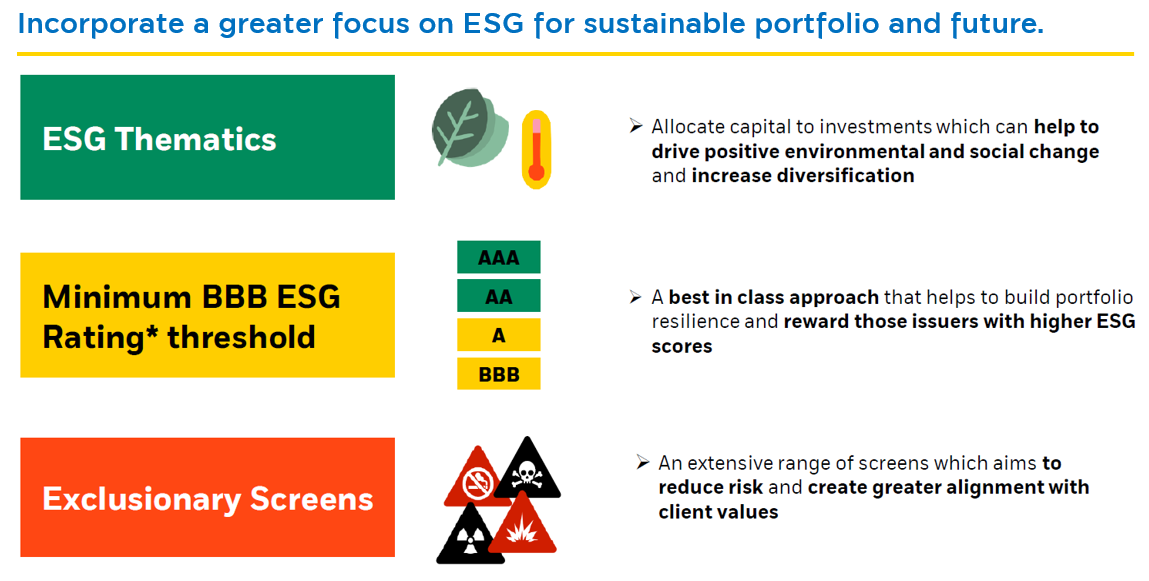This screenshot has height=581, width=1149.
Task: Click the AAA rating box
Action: (498, 257)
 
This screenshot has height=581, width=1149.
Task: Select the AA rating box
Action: (498, 296)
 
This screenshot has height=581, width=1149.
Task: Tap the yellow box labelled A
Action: (498, 335)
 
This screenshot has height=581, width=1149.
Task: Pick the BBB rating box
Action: (498, 374)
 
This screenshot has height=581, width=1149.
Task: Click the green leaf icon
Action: (469, 128)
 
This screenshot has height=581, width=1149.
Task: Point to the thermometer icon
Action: (536, 149)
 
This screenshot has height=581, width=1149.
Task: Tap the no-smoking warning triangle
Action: (477, 478)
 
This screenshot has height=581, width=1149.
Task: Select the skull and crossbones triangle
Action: (526, 470)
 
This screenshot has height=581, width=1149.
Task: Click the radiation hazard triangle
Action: (470, 536)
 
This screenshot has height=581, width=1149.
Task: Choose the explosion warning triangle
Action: (522, 524)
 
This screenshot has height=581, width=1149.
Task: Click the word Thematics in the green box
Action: (196, 138)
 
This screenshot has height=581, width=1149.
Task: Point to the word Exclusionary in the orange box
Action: (141, 500)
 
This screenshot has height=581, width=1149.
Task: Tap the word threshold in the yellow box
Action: (241, 337)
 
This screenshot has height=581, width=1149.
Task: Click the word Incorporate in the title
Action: (100, 24)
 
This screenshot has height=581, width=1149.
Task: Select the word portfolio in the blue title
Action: (832, 24)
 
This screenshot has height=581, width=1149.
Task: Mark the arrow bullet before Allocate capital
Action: (636, 126)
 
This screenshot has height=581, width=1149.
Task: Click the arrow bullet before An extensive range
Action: (643, 462)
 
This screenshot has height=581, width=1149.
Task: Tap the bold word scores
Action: (681, 346)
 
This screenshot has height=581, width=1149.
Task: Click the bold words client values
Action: (718, 511)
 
